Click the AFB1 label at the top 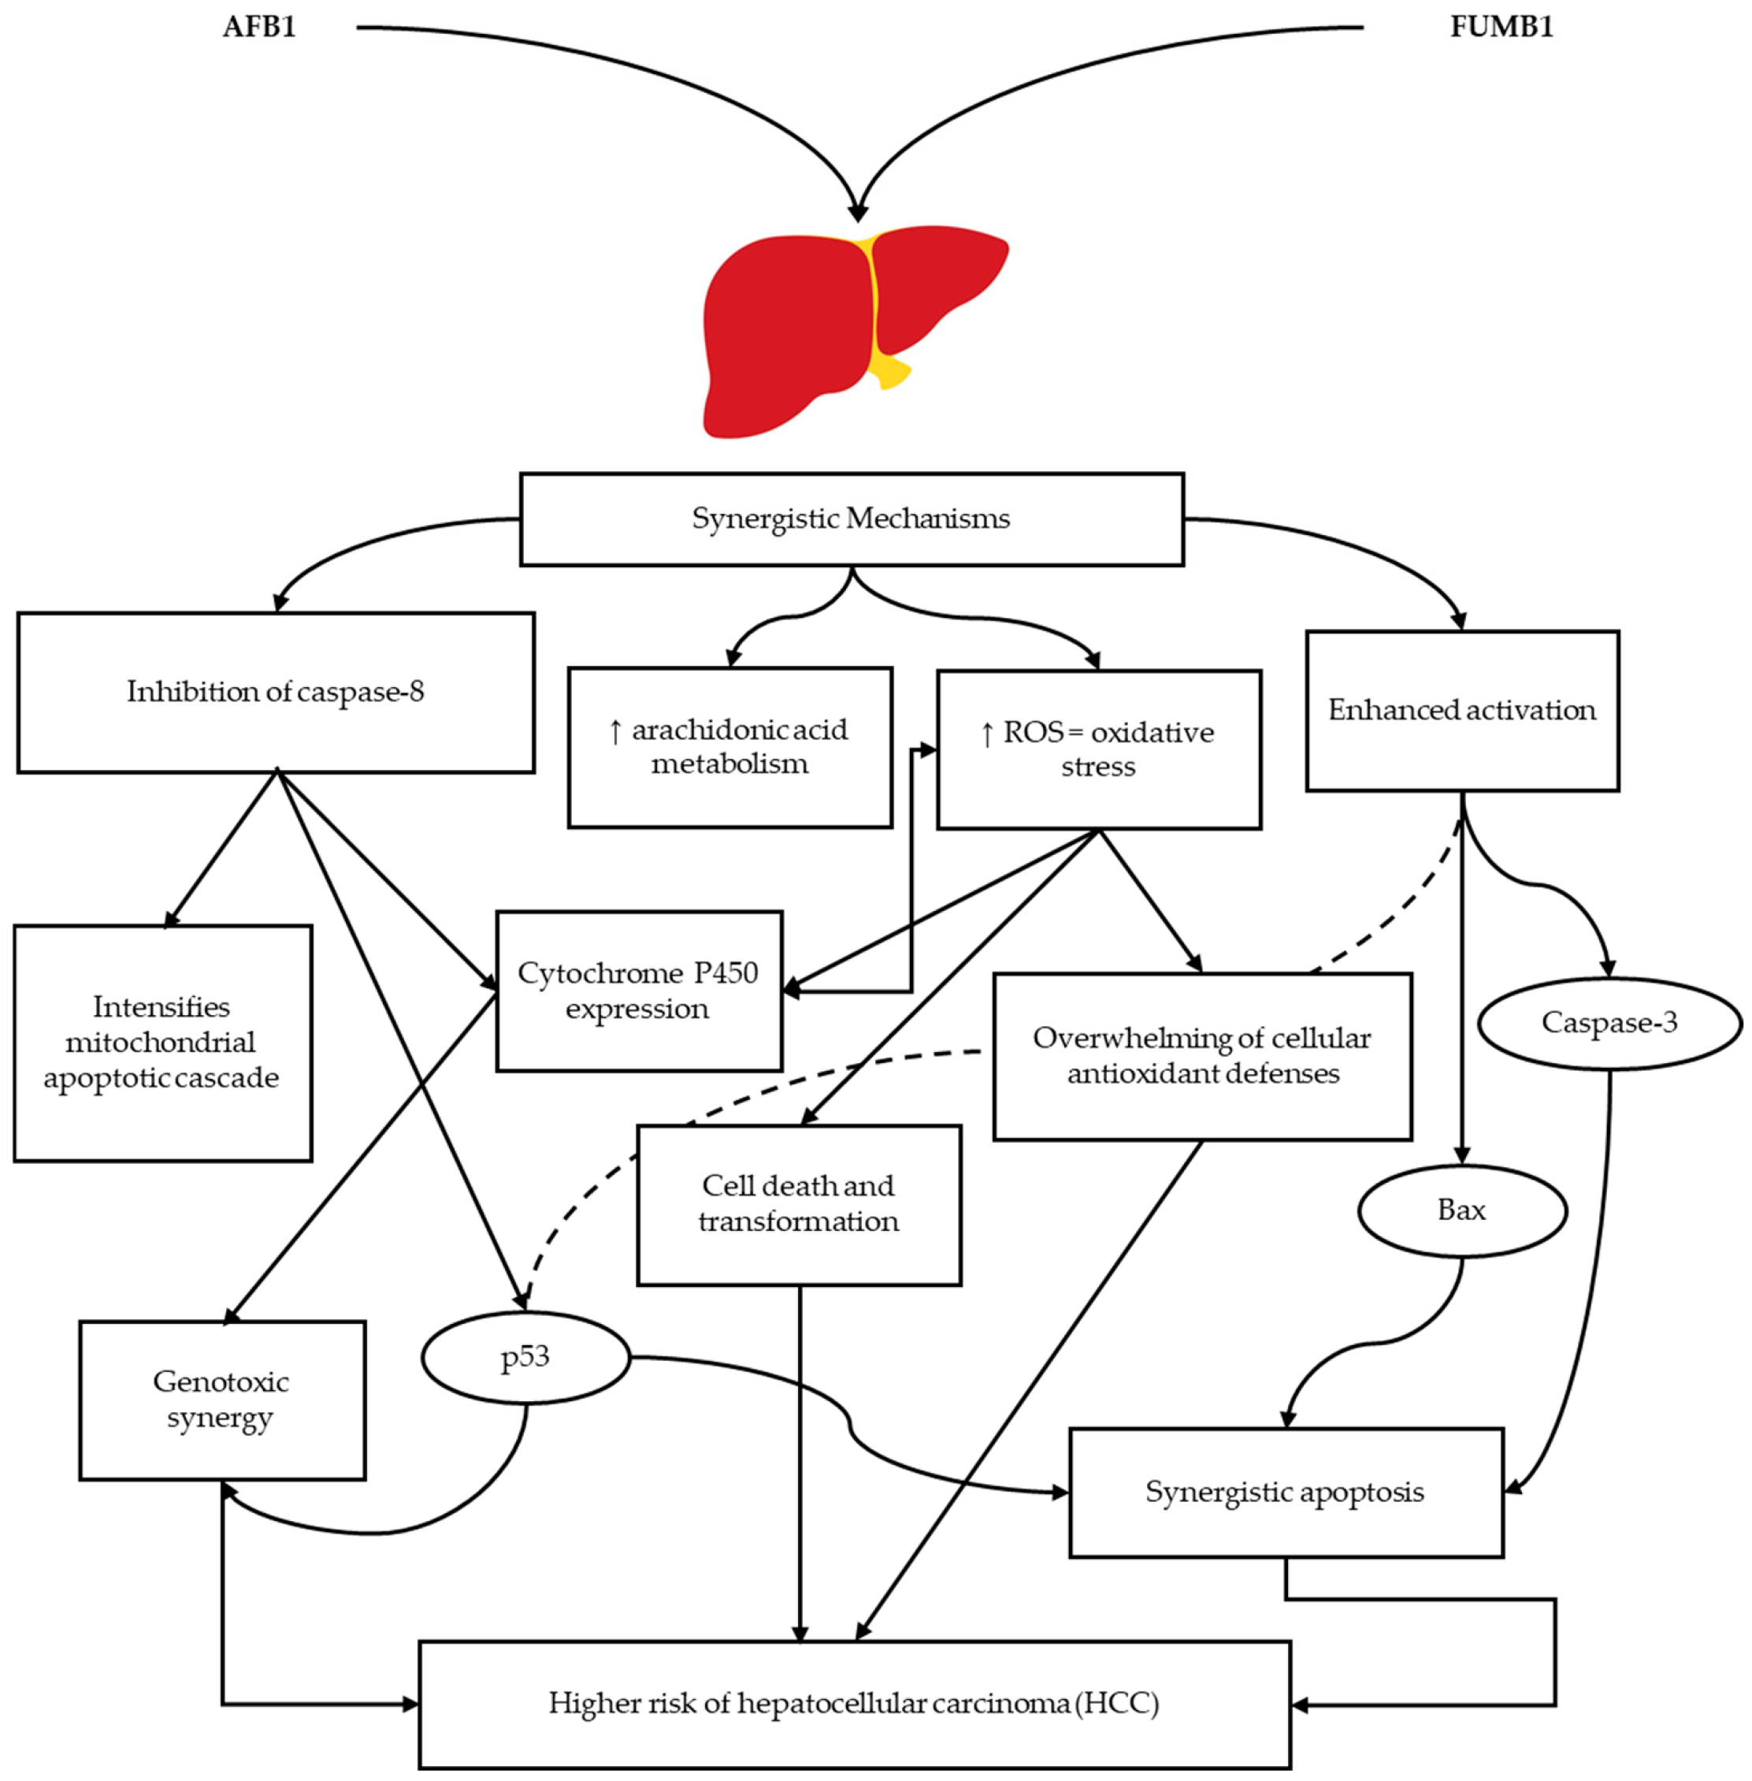pyautogui.click(x=259, y=26)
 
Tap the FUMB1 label pyautogui.click(x=1501, y=26)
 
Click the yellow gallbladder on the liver pyautogui.click(x=890, y=370)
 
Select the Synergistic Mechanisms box pyautogui.click(x=851, y=519)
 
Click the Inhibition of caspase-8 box pyautogui.click(x=275, y=692)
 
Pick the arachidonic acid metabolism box pyautogui.click(x=729, y=747)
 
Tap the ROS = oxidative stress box pyautogui.click(x=1098, y=749)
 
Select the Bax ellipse pyautogui.click(x=1461, y=1210)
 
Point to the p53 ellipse pyautogui.click(x=525, y=1357)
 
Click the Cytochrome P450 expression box pyautogui.click(x=639, y=991)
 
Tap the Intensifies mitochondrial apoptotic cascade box pyautogui.click(x=162, y=1042)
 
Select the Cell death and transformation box pyautogui.click(x=799, y=1204)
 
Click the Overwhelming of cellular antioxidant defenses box pyautogui.click(x=1201, y=1056)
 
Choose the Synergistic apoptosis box pyautogui.click(x=1285, y=1492)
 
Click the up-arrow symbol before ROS pyautogui.click(x=987, y=734)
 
